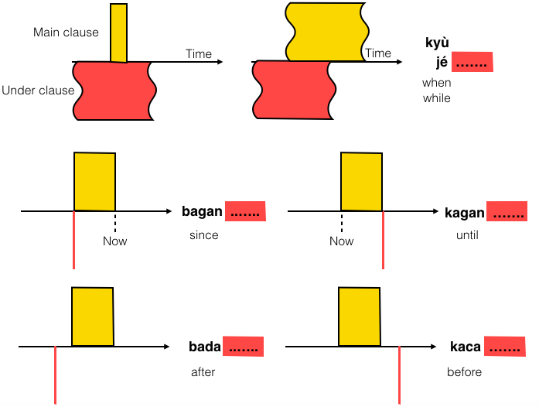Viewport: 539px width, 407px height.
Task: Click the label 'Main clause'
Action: [66, 32]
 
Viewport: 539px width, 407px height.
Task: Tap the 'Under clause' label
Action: [38, 91]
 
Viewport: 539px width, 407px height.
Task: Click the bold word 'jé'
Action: [442, 63]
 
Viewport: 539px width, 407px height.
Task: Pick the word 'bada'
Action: [205, 347]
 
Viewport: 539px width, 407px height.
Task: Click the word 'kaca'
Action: [466, 347]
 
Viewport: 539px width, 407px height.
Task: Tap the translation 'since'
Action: [204, 234]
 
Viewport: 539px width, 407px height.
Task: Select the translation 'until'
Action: [468, 234]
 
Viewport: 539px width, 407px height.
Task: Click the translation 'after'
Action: [203, 371]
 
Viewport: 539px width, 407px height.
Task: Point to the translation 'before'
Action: [464, 371]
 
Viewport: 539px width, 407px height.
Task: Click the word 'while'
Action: [436, 98]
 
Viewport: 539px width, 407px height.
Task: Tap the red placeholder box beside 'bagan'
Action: [245, 211]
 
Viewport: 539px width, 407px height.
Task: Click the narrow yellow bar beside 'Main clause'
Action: [118, 32]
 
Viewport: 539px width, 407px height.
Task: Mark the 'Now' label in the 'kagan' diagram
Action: [341, 241]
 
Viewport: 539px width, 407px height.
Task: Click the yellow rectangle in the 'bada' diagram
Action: [93, 316]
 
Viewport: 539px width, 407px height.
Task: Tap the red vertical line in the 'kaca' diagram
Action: [398, 375]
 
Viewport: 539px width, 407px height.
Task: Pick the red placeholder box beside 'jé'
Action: [472, 63]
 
